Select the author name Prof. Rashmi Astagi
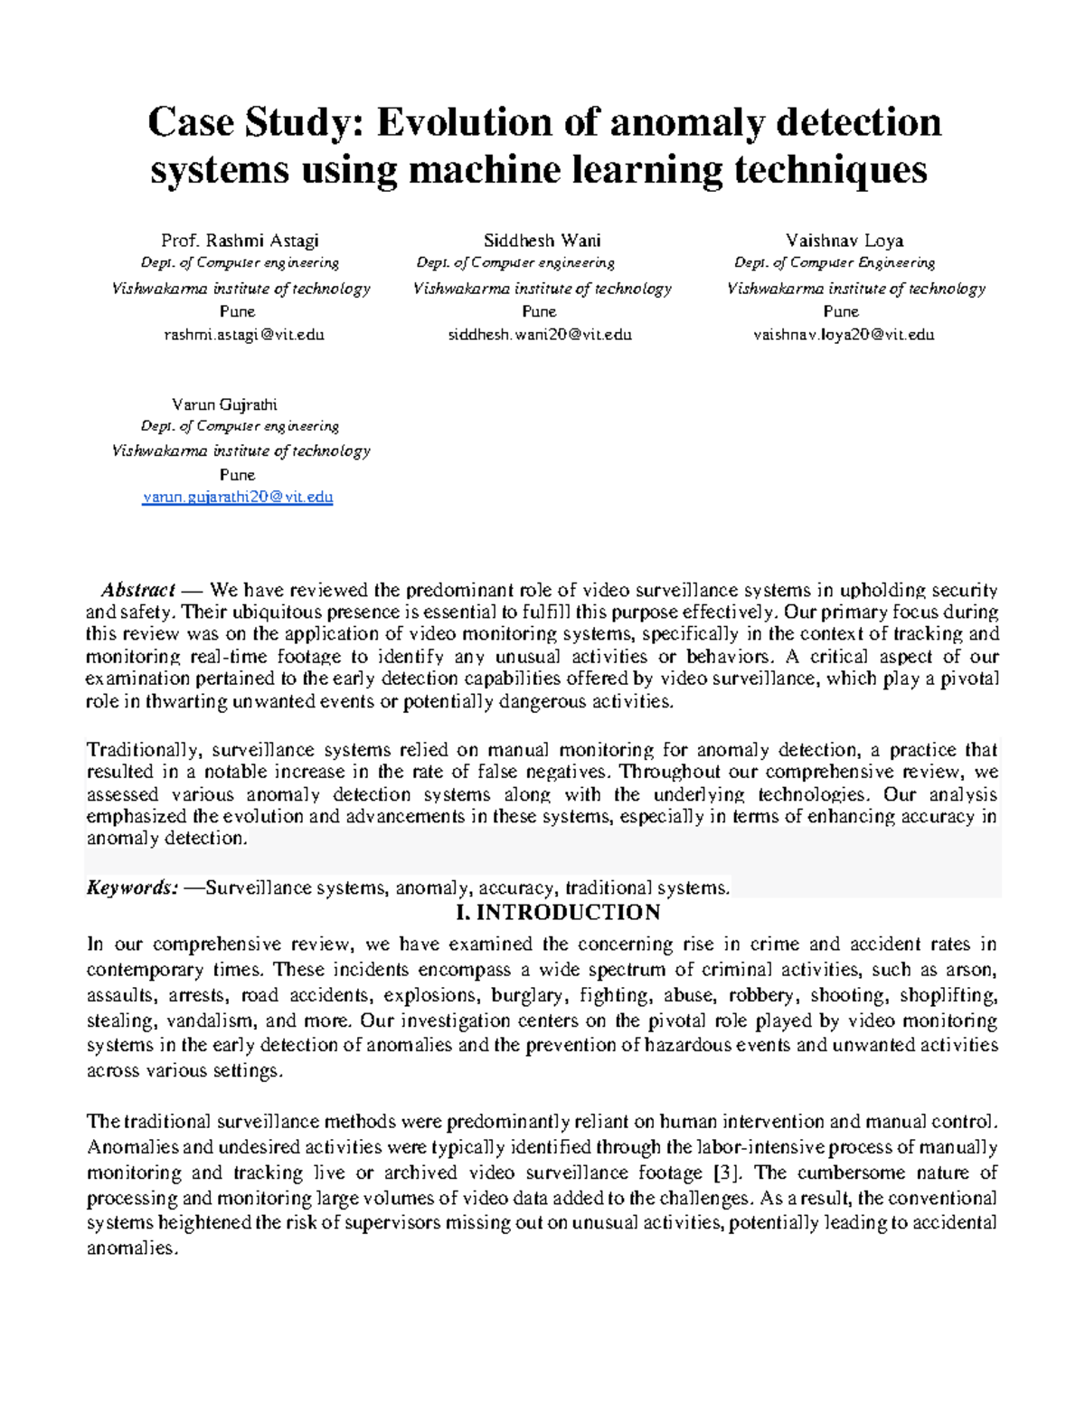[240, 241]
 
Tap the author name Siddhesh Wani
[542, 241]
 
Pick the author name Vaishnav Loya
[844, 241]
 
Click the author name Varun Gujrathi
[224, 404]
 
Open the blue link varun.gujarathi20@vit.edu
[238, 497]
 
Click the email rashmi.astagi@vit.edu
[243, 334]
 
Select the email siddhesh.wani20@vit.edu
[540, 334]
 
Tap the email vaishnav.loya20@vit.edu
[843, 334]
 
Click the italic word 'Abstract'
[137, 590]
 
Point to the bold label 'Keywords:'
[132, 888]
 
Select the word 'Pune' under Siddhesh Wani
[539, 311]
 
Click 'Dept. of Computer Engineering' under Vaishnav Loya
[834, 262]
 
